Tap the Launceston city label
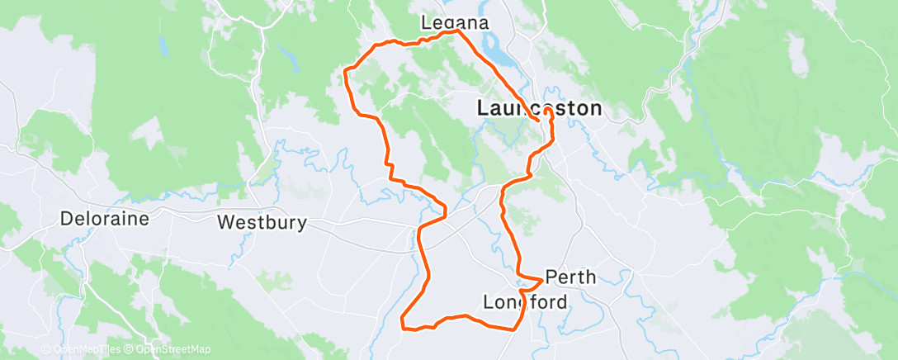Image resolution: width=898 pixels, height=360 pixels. [x=539, y=108]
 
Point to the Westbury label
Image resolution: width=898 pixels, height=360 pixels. [x=262, y=222]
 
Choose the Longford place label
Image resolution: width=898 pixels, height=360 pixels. [x=526, y=302]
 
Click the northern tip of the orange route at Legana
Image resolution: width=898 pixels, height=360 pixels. [x=458, y=32]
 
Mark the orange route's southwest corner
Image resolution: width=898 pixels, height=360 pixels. [x=403, y=327]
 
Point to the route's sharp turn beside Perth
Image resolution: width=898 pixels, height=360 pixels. [x=541, y=278]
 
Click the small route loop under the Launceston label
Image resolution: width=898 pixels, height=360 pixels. [x=547, y=112]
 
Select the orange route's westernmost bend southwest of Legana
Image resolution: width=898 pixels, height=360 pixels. [x=345, y=76]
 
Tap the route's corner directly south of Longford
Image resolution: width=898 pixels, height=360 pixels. [x=515, y=329]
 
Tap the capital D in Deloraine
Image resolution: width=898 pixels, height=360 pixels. [x=67, y=220]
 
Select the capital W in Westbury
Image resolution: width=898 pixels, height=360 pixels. [x=225, y=222]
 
